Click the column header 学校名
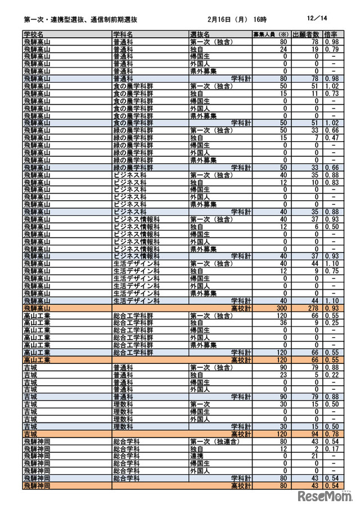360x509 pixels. click(x=35, y=35)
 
